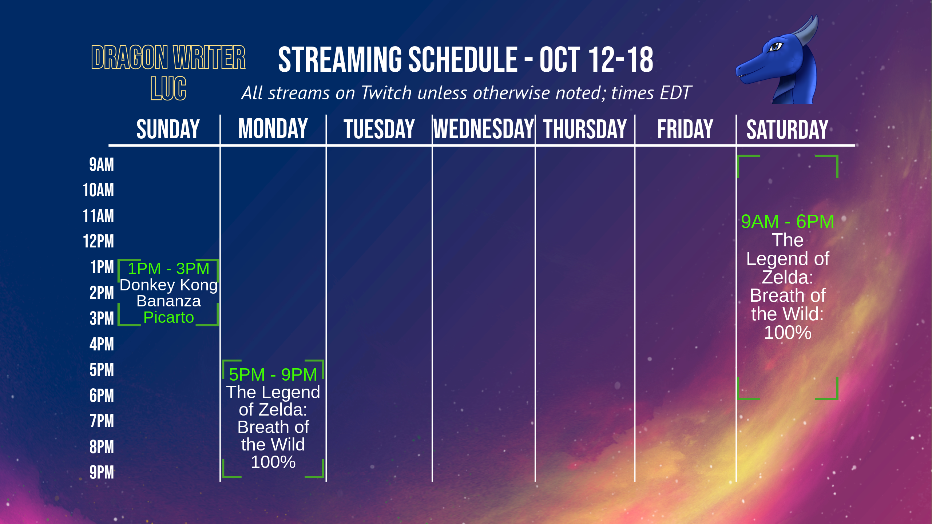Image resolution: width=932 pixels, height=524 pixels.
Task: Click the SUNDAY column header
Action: [168, 129]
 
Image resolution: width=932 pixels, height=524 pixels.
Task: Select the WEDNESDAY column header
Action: [484, 129]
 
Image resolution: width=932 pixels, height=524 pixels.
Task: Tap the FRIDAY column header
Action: [685, 129]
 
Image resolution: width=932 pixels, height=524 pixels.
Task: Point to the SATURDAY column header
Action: [788, 129]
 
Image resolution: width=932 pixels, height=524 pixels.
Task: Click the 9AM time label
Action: [102, 164]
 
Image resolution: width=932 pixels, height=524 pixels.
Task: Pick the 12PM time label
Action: [98, 241]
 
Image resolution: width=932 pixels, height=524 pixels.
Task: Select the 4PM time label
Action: [102, 344]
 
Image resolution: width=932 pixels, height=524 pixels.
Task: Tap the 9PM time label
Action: [102, 472]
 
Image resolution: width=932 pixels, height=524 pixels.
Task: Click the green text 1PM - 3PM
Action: [168, 269]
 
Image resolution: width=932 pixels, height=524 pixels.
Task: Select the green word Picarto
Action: [168, 318]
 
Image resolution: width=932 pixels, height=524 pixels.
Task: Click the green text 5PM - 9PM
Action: [273, 374]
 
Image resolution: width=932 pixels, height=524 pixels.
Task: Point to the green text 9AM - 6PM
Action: [788, 221]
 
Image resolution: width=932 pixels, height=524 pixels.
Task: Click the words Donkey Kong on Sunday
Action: [168, 285]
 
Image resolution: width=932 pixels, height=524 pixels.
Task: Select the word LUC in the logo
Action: [168, 88]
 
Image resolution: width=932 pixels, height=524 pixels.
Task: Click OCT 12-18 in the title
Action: [596, 60]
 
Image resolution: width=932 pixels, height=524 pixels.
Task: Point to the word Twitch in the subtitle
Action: [386, 93]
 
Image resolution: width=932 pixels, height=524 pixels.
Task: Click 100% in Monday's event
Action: [273, 462]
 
